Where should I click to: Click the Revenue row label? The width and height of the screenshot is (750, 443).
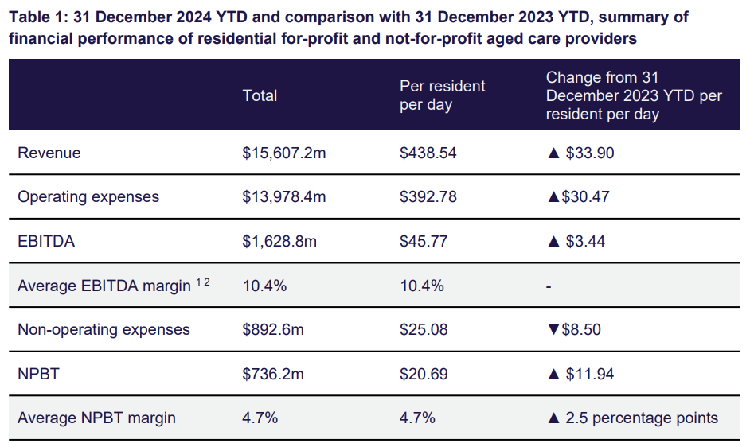pyautogui.click(x=49, y=153)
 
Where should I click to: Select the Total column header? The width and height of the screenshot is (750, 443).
pyautogui.click(x=260, y=95)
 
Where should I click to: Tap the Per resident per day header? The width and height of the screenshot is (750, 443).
pyautogui.click(x=442, y=95)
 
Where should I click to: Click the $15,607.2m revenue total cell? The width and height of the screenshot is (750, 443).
pyautogui.click(x=284, y=153)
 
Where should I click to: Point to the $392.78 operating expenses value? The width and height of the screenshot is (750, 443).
pyautogui.click(x=428, y=196)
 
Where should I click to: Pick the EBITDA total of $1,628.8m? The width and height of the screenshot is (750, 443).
pyautogui.click(x=279, y=241)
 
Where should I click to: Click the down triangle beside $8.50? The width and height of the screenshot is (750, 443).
pyautogui.click(x=553, y=329)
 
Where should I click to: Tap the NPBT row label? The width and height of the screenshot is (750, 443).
pyautogui.click(x=38, y=374)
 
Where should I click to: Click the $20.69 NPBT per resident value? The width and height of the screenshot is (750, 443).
pyautogui.click(x=424, y=374)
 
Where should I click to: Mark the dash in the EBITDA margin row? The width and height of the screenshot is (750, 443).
pyautogui.click(x=549, y=286)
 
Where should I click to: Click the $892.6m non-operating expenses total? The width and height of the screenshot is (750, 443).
pyautogui.click(x=273, y=329)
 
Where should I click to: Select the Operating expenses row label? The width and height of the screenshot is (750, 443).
pyautogui.click(x=88, y=196)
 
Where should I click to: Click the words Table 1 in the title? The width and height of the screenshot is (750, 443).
pyautogui.click(x=37, y=17)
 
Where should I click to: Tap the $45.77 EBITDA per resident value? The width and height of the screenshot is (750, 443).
pyautogui.click(x=424, y=241)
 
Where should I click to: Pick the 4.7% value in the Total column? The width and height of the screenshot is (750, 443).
pyautogui.click(x=260, y=418)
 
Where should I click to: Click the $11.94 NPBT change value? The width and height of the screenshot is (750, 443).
pyautogui.click(x=590, y=374)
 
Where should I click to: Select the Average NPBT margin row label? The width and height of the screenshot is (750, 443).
pyautogui.click(x=96, y=418)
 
